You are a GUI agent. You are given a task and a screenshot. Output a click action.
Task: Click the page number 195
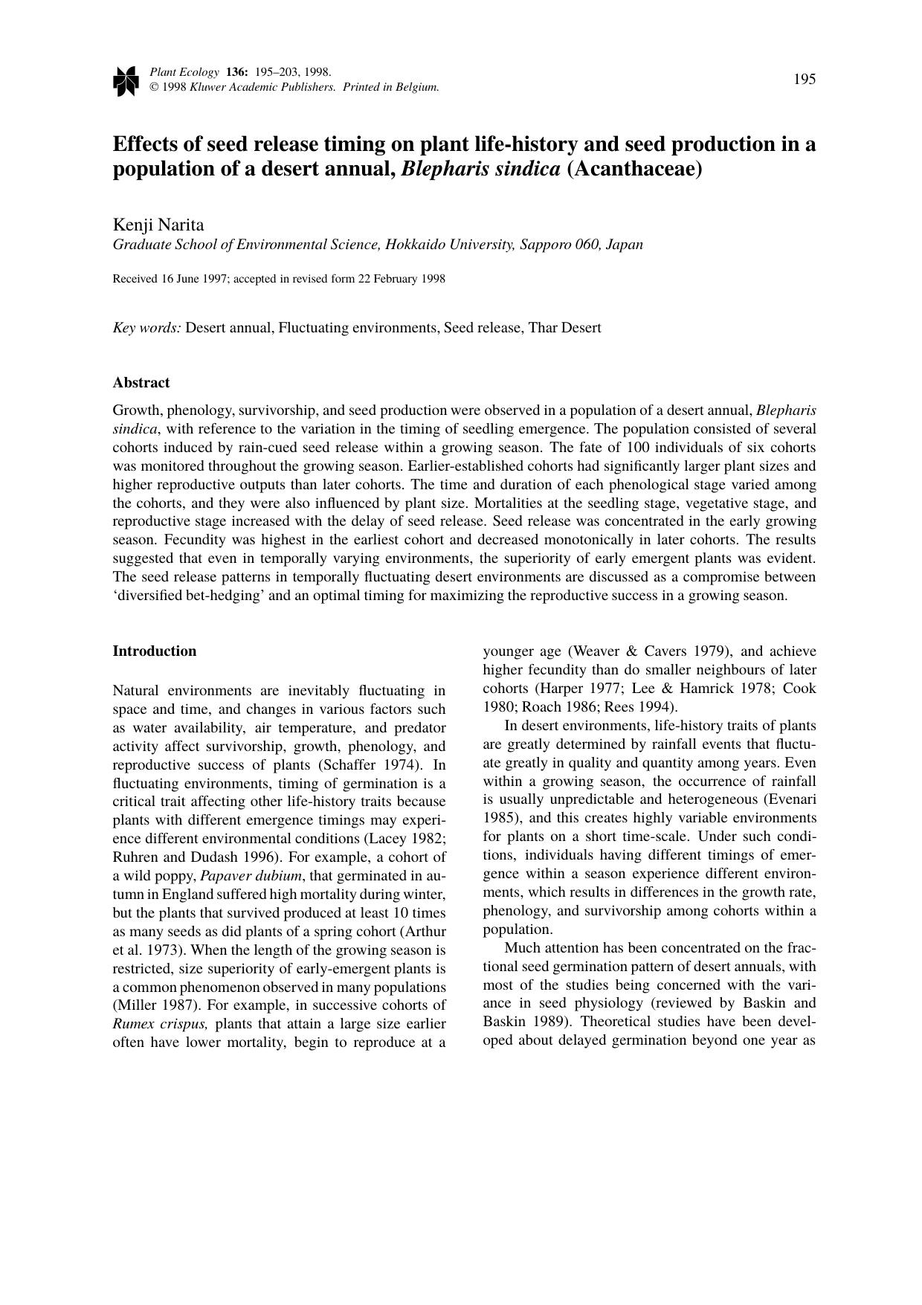click(x=805, y=79)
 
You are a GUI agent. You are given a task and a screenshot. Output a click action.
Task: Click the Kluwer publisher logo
click(x=126, y=80)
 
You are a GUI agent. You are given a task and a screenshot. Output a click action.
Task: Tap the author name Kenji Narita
click(x=158, y=225)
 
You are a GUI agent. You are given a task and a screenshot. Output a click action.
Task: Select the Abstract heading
click(x=141, y=382)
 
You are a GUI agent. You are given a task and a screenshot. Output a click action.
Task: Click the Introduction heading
click(x=155, y=651)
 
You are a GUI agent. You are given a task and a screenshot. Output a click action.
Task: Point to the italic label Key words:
click(x=146, y=327)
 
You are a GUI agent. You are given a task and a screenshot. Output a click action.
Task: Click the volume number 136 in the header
click(x=236, y=72)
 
